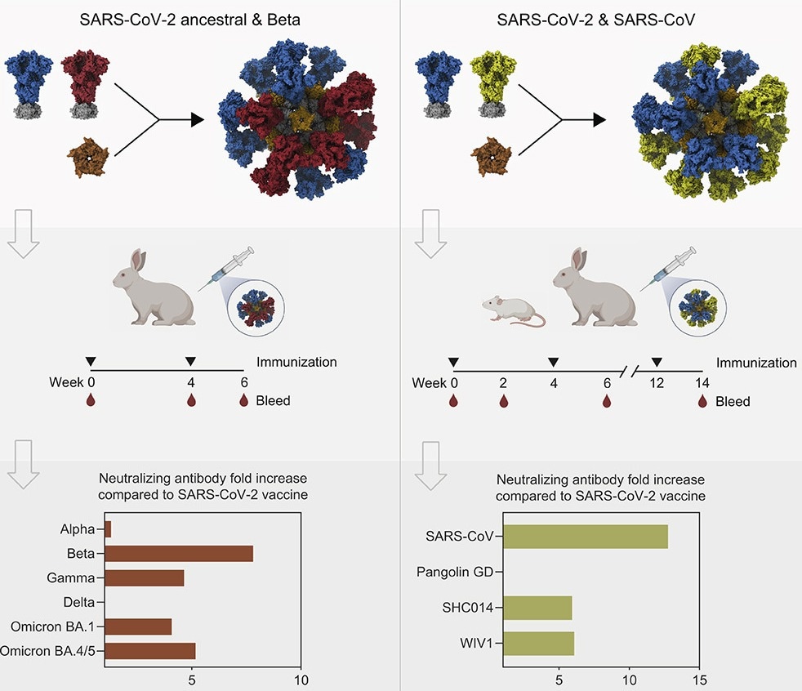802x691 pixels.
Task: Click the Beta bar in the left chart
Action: pos(179,554)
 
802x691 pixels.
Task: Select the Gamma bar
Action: pos(145,578)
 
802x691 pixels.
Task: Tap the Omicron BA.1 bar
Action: pos(138,626)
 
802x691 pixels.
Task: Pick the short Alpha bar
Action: pos(107,529)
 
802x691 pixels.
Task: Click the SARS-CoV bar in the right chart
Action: pos(586,537)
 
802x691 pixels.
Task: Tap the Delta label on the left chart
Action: pos(80,603)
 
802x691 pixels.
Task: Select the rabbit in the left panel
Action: pos(155,290)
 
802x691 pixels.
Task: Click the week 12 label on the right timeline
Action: pos(656,383)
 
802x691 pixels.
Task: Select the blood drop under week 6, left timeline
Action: pos(243,400)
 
